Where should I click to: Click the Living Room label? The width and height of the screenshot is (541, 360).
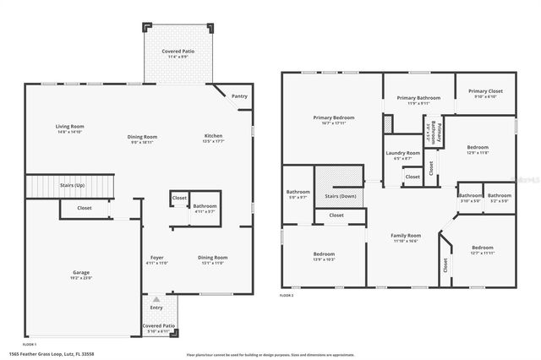[x=69, y=127]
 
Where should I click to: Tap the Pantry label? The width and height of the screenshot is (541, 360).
[x=239, y=96]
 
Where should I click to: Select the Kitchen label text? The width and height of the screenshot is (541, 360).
[x=213, y=137]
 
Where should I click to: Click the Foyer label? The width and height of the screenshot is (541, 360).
[x=157, y=257]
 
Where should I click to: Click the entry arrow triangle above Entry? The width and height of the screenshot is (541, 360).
[x=155, y=299]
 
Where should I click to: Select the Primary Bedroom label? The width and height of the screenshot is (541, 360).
[x=333, y=117]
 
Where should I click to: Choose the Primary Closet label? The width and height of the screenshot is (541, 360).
[x=485, y=90]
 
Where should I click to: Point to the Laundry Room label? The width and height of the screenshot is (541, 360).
[x=403, y=153]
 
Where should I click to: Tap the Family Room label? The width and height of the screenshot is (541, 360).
[x=405, y=235]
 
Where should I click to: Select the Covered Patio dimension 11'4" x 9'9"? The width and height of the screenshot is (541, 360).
[x=179, y=57]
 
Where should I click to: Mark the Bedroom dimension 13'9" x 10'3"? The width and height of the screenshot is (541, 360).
[x=324, y=259]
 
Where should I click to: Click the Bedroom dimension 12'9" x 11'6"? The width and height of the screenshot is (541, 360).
[x=478, y=153]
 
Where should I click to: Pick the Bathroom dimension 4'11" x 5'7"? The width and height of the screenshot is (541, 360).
[x=205, y=212]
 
